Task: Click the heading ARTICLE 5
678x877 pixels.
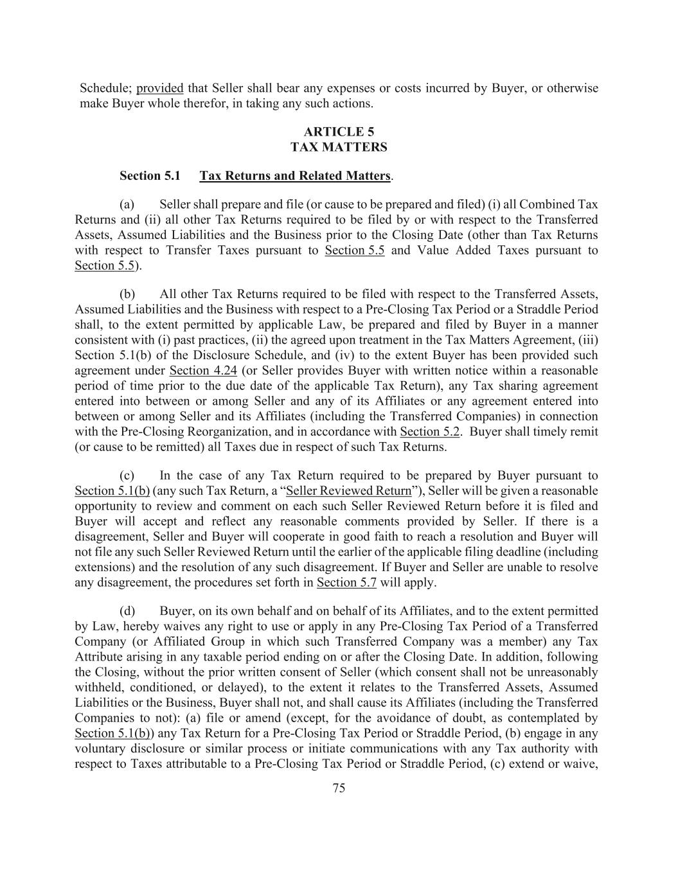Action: (339, 132)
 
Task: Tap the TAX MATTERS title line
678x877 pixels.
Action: (339, 147)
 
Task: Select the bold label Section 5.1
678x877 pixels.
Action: (150, 175)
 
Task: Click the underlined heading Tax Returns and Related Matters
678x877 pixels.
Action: (295, 175)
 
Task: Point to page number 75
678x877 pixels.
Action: (339, 788)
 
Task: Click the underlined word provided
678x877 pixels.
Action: (159, 88)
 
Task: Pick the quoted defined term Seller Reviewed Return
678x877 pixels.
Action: (348, 491)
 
